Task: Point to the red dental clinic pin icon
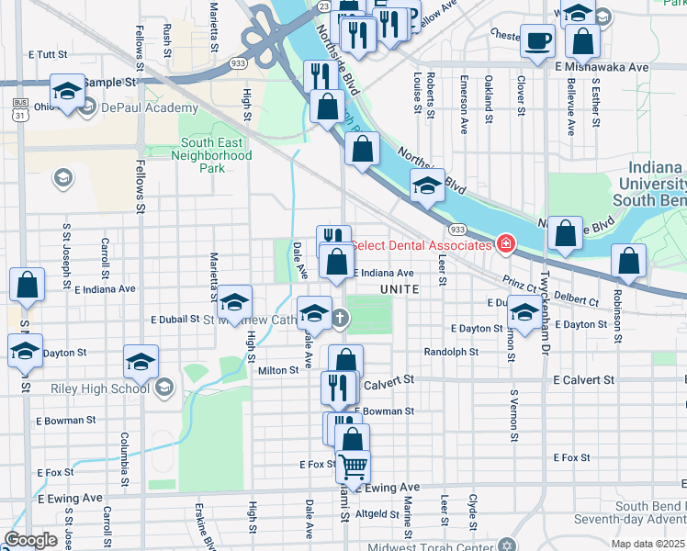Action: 504,244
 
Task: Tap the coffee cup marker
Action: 537,41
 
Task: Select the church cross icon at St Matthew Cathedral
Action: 341,319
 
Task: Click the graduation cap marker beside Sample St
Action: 67,92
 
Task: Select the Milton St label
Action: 279,370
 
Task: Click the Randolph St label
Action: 451,352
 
